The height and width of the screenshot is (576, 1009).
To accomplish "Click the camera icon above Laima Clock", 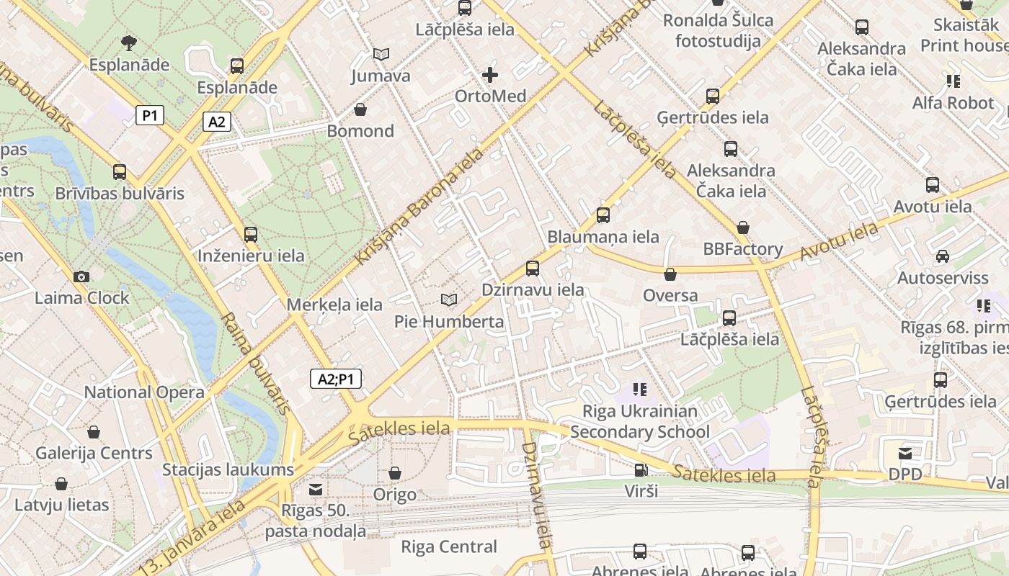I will click(x=81, y=276).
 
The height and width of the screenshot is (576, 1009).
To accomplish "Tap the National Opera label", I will click(x=144, y=392).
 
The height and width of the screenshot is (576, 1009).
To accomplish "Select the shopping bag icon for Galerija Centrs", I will click(x=93, y=432).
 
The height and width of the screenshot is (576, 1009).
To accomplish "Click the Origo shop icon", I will click(x=394, y=473).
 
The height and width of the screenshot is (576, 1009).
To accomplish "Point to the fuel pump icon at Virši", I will click(x=640, y=470).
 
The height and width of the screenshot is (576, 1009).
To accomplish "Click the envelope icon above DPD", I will click(x=904, y=454).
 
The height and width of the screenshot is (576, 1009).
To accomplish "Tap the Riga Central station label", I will click(x=448, y=546).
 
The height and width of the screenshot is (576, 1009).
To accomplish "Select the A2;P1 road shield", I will click(x=335, y=379).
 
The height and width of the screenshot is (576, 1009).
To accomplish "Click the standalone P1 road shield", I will click(x=150, y=114).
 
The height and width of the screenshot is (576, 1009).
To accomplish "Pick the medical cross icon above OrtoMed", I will click(x=490, y=75).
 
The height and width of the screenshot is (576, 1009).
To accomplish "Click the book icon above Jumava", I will click(x=381, y=54).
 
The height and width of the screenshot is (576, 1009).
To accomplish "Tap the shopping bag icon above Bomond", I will click(x=360, y=109).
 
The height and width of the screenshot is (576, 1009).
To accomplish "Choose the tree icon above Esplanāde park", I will click(x=129, y=43).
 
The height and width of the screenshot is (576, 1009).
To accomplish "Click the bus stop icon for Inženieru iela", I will click(x=250, y=234).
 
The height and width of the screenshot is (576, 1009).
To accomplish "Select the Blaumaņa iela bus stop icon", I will click(x=603, y=215).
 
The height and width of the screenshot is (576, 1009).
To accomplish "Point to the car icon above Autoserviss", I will click(x=942, y=256).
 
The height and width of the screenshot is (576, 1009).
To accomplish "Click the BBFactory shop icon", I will click(x=743, y=228).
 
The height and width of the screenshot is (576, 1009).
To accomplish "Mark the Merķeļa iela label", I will click(x=334, y=305).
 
